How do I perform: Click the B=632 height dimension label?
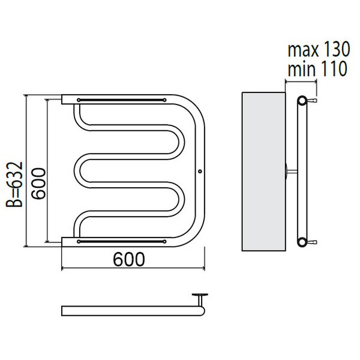14,185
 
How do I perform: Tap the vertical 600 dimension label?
38,184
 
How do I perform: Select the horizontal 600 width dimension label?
129,259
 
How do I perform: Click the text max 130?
319,49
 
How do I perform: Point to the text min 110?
317,68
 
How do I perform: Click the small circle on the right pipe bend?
200,171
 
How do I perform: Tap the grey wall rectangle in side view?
264,172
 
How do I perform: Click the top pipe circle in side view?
302,101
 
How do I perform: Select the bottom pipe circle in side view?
302,242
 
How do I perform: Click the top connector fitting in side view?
312,101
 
